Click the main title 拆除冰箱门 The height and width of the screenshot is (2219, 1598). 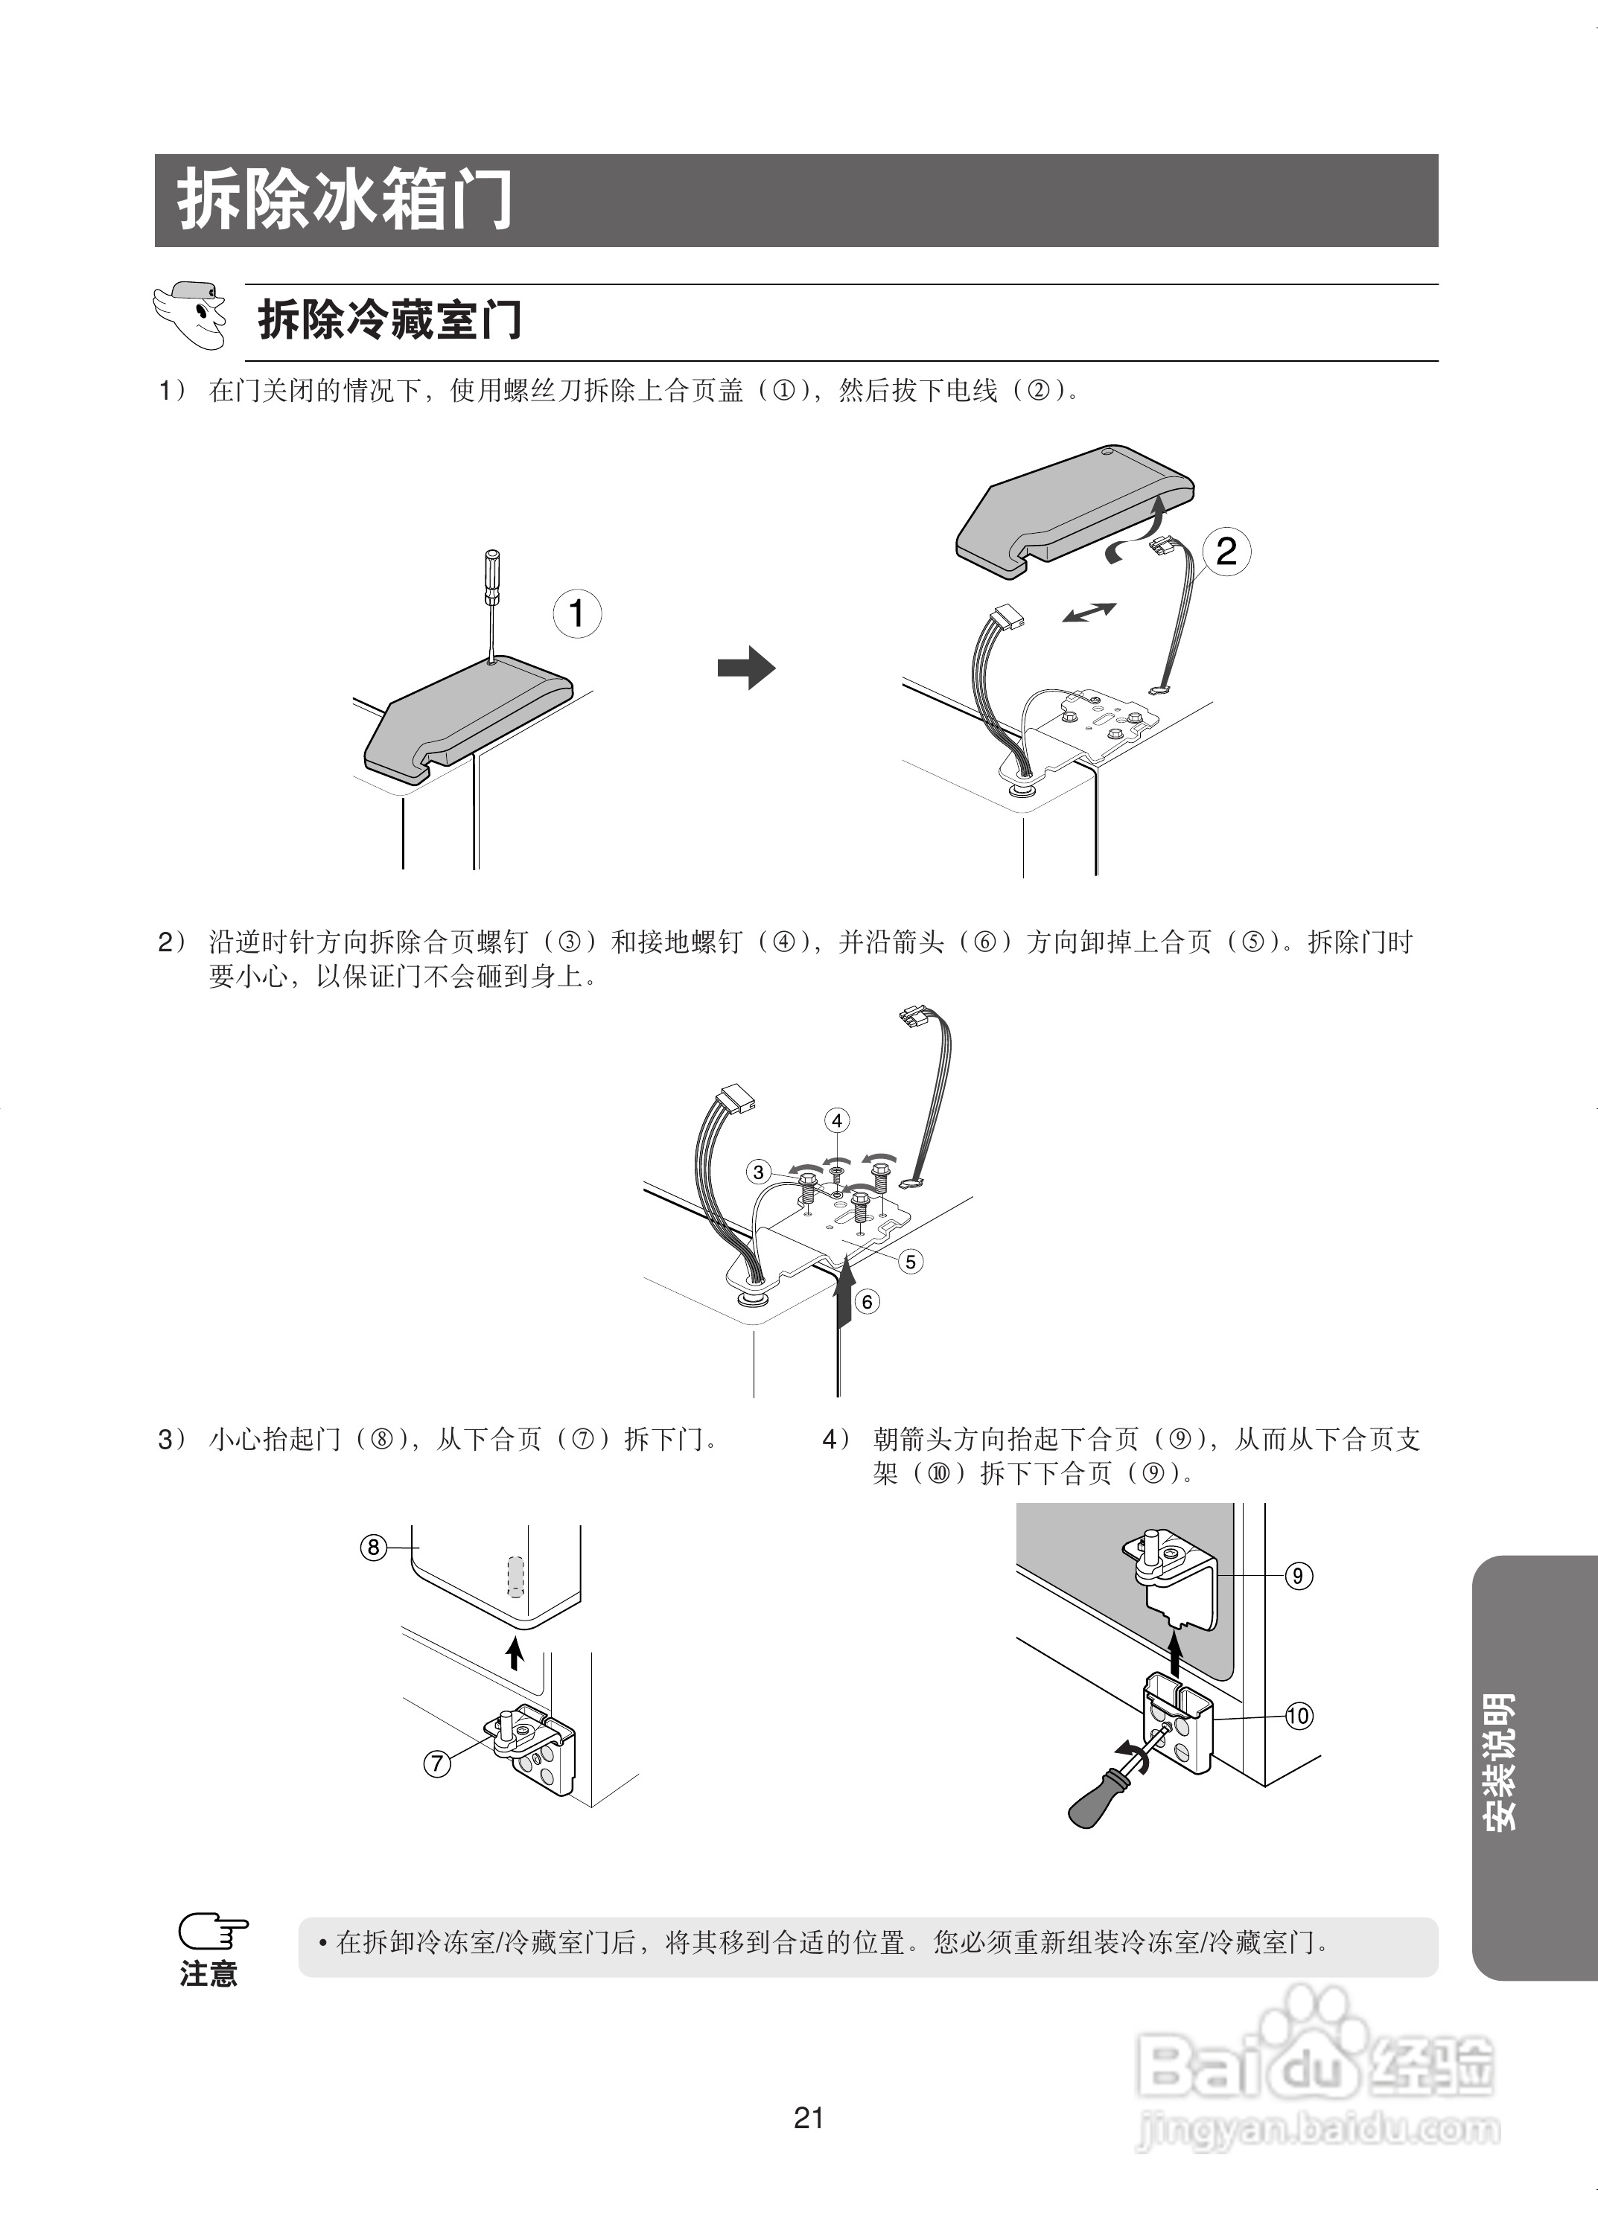(x=345, y=200)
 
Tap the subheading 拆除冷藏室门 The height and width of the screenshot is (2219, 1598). (x=389, y=320)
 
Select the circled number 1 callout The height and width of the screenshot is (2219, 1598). (x=576, y=613)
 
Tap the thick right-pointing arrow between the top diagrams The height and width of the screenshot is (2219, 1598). (x=745, y=668)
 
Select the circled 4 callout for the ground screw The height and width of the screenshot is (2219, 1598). (x=837, y=1120)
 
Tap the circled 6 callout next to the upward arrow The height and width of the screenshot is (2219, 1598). (x=866, y=1301)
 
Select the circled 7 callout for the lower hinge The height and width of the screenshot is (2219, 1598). (x=436, y=1764)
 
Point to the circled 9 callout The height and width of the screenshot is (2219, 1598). (x=1298, y=1575)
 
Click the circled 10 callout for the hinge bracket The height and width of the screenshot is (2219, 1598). (x=1298, y=1715)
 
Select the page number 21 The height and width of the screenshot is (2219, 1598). (x=808, y=2119)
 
